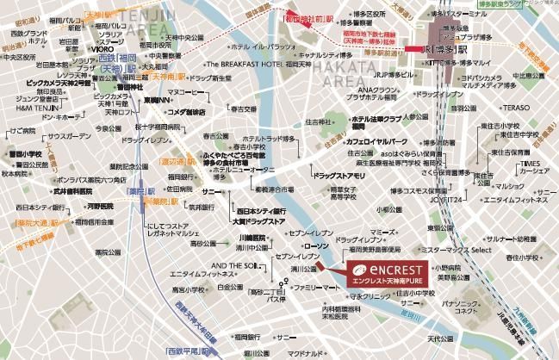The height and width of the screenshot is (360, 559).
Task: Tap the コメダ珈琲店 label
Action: coord(185,112)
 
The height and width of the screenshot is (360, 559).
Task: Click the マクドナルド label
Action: coord(305,352)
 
